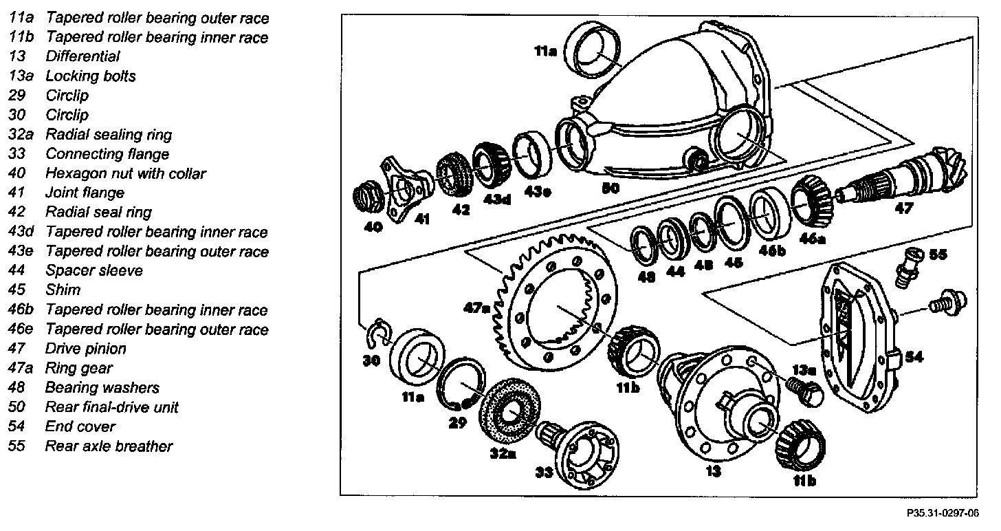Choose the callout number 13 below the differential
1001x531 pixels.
pyautogui.click(x=713, y=471)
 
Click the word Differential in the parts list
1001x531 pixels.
pyautogui.click(x=82, y=56)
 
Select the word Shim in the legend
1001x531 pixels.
pyautogui.click(x=63, y=290)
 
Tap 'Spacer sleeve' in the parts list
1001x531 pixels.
pyautogui.click(x=94, y=271)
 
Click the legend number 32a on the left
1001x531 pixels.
pyautogui.click(x=21, y=135)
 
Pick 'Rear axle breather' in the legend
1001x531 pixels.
pyautogui.click(x=109, y=446)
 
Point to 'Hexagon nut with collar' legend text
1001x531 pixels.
pyautogui.click(x=125, y=174)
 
